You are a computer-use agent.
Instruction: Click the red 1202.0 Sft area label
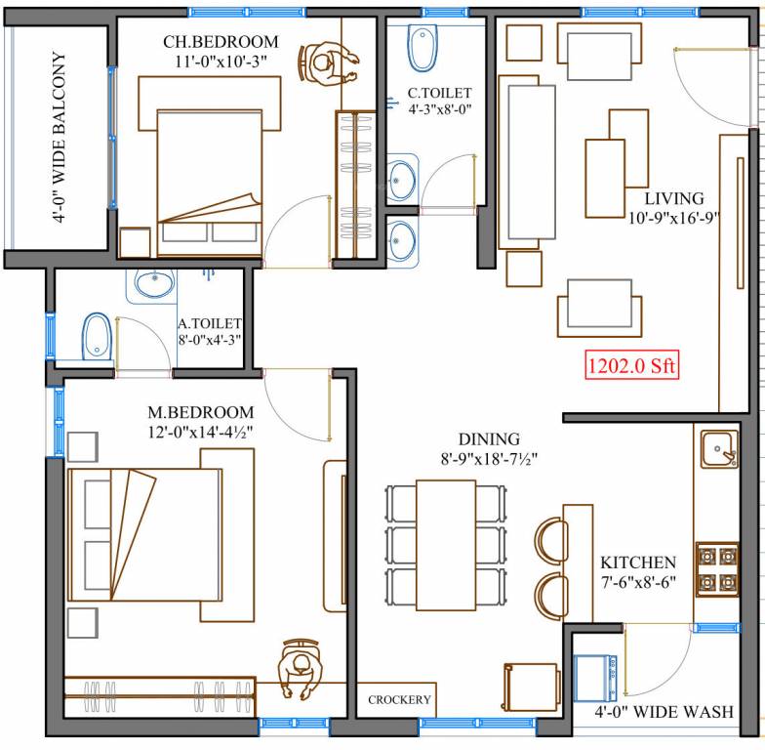631,367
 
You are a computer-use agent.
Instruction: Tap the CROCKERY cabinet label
399,700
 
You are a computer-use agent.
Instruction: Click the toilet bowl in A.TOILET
96,335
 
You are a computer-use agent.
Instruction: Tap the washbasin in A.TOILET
153,284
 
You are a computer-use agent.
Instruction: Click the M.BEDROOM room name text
202,413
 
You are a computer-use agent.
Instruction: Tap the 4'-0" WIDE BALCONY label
59,139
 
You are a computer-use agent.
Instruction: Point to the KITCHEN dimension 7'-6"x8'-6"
638,584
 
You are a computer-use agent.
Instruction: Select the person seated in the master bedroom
300,669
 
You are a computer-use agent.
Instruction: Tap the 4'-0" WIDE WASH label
664,712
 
